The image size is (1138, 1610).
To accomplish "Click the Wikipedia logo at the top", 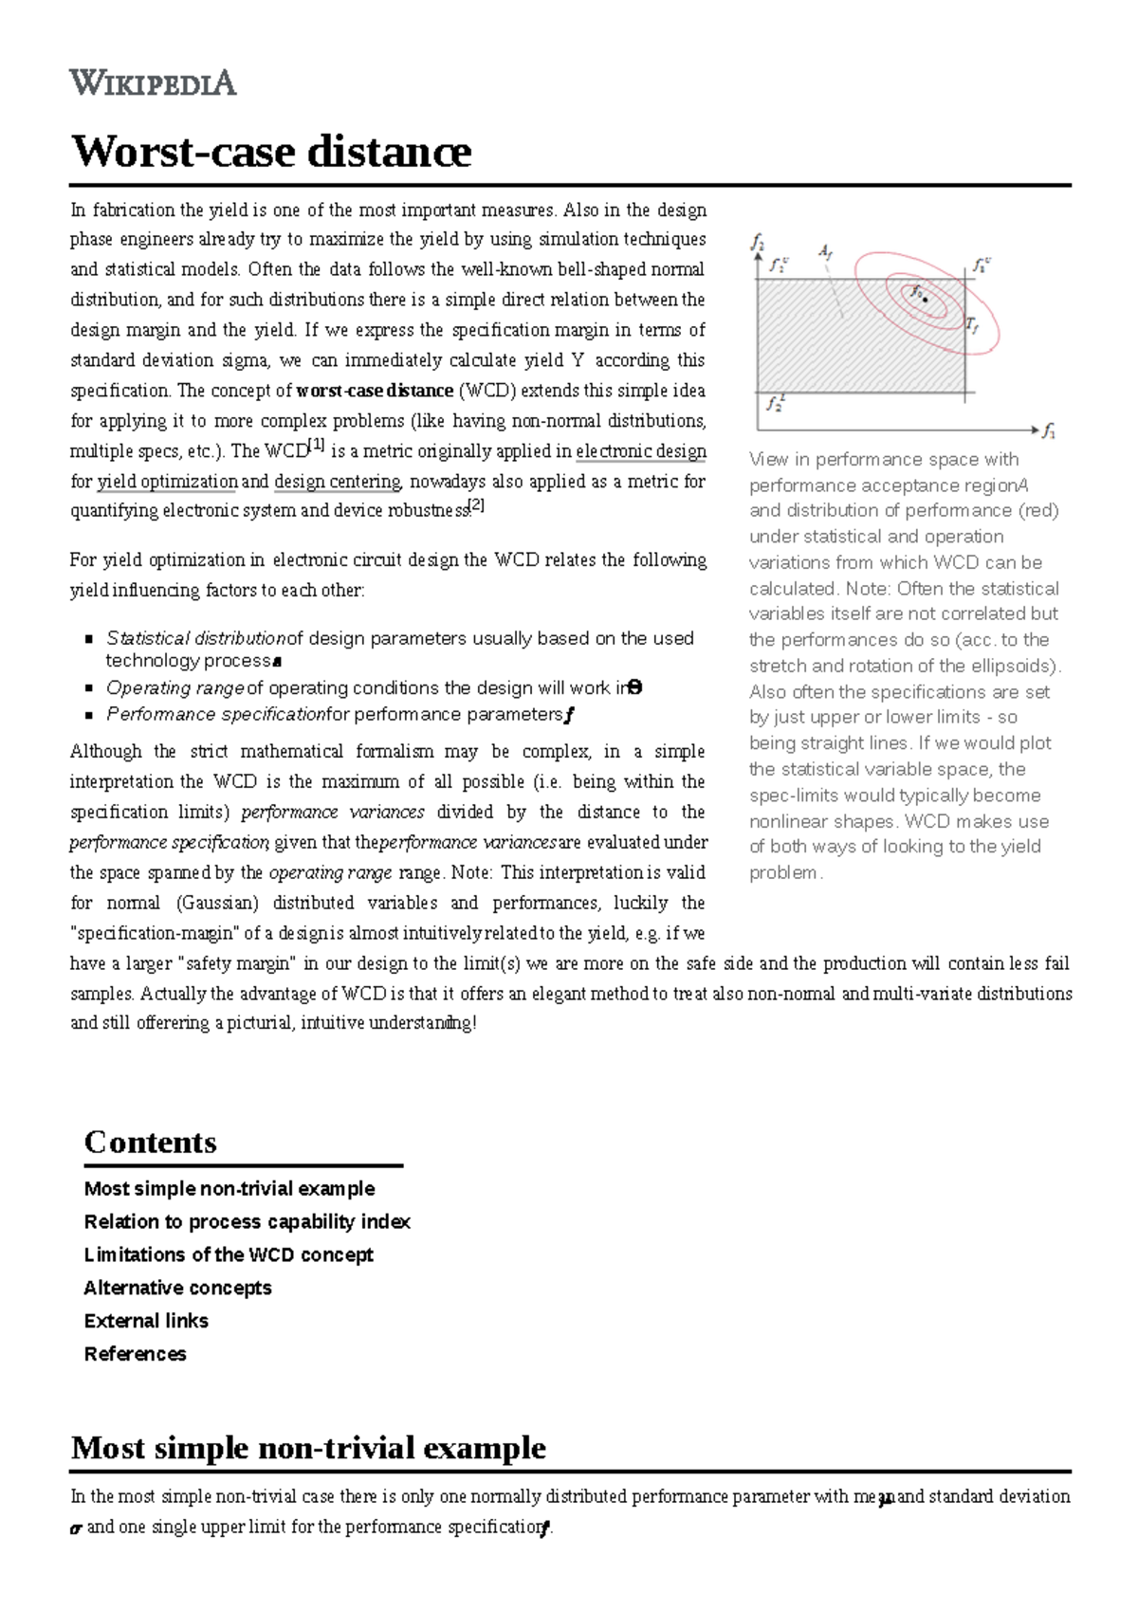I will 153,82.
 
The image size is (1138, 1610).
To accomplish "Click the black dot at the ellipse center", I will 926,299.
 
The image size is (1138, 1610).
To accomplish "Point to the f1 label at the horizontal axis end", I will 1049,432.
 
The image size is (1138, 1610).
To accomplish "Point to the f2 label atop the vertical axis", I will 758,243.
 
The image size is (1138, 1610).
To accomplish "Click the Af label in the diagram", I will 825,252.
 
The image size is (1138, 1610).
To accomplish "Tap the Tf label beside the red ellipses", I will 971,325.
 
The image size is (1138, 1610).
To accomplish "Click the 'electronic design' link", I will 641,451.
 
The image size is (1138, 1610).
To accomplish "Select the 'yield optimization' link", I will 168,482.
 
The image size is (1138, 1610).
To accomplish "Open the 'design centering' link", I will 338,482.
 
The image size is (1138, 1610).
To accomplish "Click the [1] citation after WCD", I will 316,445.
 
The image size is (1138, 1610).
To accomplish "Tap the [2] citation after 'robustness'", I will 477,505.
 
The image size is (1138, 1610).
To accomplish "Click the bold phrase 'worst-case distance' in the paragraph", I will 375,391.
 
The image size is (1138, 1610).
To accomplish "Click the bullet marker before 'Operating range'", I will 88,688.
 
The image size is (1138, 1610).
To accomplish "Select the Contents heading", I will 150,1142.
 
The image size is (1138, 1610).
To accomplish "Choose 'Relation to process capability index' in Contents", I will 247,1221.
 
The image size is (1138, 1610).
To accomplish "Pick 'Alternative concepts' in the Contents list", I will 177,1288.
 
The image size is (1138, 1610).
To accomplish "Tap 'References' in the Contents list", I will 135,1354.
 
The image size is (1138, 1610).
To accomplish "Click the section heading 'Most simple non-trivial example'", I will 308,1448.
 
